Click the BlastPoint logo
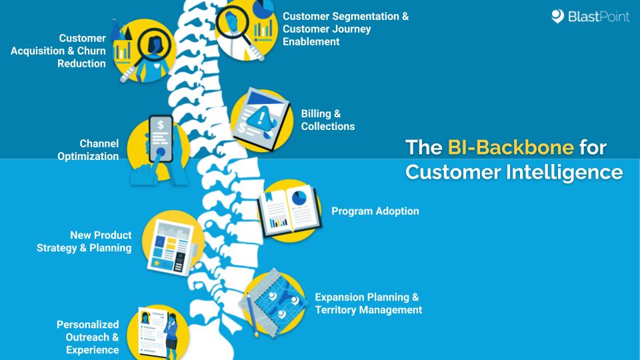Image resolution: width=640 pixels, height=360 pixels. click(590, 17)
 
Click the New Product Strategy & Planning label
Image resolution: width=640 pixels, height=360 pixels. click(84, 241)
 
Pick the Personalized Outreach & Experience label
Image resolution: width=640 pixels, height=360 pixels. click(87, 337)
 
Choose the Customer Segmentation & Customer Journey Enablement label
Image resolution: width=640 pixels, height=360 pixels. click(345, 29)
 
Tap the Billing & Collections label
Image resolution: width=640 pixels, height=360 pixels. click(327, 120)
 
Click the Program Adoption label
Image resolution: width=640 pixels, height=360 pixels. click(375, 211)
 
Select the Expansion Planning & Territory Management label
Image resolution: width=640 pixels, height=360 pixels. click(368, 303)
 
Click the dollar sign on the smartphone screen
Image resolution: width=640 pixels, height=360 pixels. click(160, 124)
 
